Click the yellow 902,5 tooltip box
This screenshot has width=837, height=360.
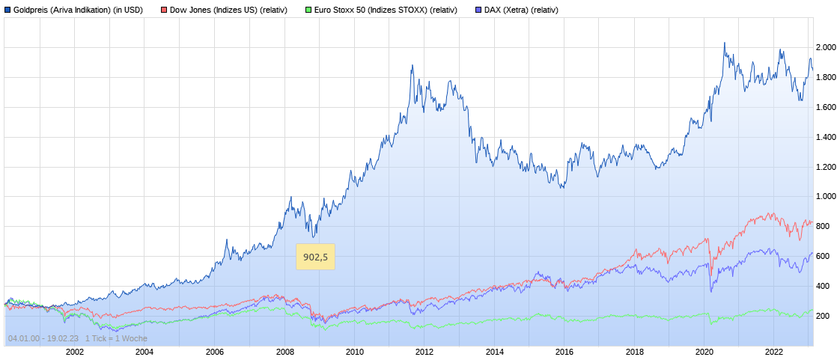[x=315, y=257]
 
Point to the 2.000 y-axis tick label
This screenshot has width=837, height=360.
[x=825, y=48]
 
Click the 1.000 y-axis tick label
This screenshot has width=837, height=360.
[x=825, y=197]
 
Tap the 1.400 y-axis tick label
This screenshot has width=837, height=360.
[x=825, y=138]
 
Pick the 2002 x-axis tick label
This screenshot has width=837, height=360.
[x=74, y=351]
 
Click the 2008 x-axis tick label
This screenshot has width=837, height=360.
[x=284, y=351]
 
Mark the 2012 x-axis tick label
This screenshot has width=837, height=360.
[x=424, y=351]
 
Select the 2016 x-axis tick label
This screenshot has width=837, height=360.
[x=564, y=351]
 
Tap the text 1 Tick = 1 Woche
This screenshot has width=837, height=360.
[x=116, y=339]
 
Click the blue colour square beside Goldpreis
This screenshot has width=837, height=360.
[x=7, y=10]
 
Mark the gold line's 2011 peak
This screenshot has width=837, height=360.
[x=413, y=66]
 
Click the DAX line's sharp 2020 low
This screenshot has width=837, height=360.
[x=710, y=291]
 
